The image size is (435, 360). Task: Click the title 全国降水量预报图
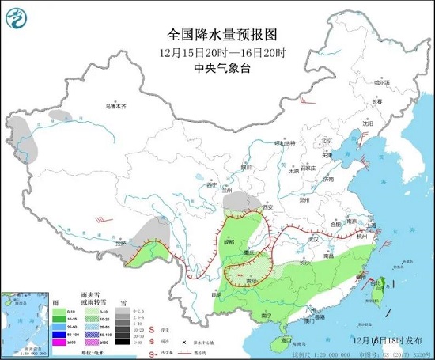[217, 34]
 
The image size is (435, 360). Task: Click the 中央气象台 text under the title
[217, 68]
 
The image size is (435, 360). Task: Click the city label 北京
[322, 142]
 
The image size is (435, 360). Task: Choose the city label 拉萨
[120, 244]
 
